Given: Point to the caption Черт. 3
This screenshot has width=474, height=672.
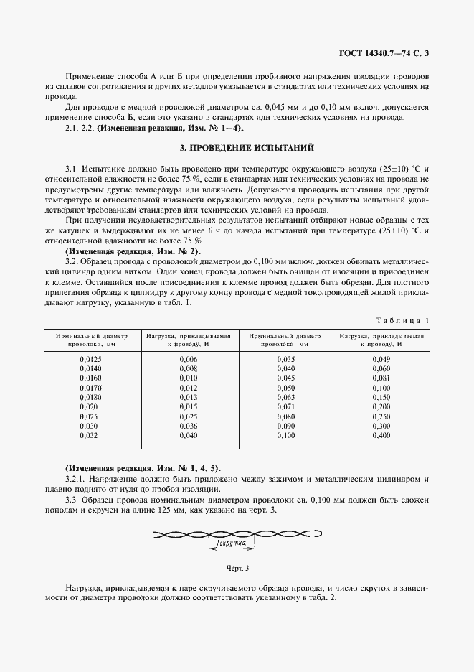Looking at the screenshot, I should (x=237, y=569).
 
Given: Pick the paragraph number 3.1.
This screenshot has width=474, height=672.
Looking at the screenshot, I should (x=71, y=167).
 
